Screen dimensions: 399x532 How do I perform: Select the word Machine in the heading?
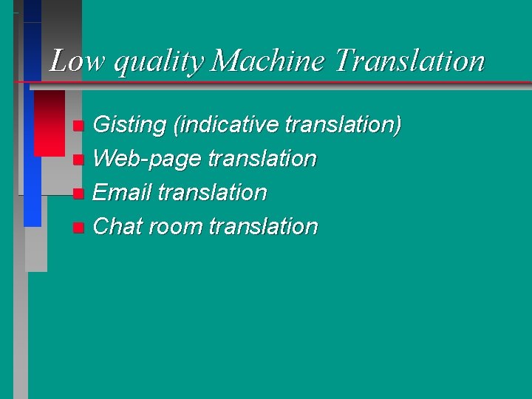tap(267, 61)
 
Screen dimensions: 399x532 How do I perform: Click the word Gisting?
tap(129, 125)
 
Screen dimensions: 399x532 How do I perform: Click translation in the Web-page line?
tap(262, 159)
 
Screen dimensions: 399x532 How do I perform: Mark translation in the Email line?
tap(213, 192)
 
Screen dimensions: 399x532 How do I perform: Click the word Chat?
tap(118, 226)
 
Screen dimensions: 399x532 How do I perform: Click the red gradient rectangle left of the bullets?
tap(50, 123)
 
